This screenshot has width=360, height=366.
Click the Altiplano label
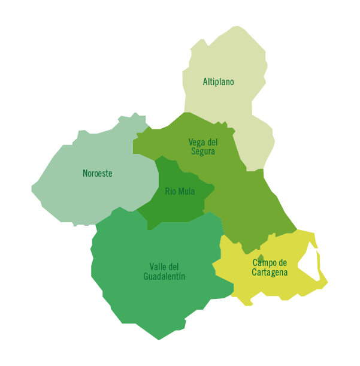click(x=218, y=82)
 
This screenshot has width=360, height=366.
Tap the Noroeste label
click(x=98, y=174)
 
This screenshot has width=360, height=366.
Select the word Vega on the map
click(x=196, y=143)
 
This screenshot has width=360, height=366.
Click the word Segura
click(x=203, y=152)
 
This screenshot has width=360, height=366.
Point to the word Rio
click(x=170, y=192)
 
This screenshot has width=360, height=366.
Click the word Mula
click(x=186, y=192)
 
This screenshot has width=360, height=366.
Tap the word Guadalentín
click(x=164, y=276)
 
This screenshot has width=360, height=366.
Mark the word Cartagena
click(x=270, y=273)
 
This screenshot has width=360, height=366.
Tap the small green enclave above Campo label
click(x=260, y=258)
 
